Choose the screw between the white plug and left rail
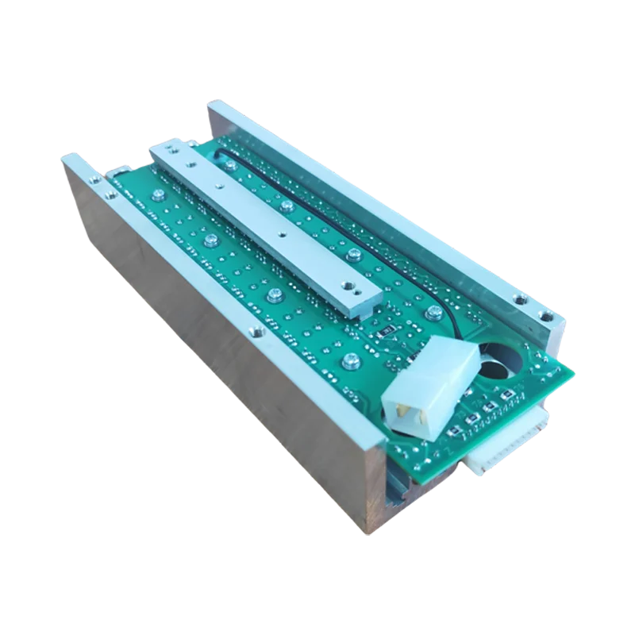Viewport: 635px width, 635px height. (x=348, y=360)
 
